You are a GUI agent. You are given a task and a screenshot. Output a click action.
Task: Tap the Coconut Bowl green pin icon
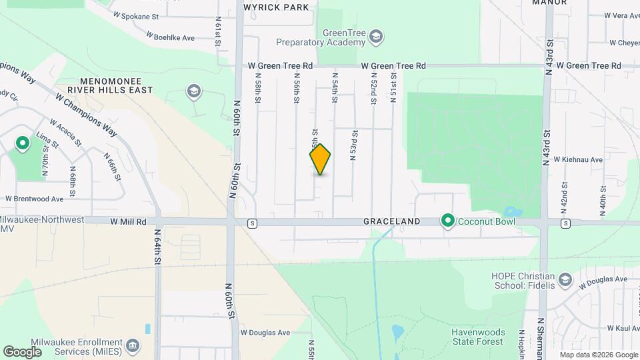[x=448, y=221]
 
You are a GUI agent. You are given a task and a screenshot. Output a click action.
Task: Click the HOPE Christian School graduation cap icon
[x=565, y=279]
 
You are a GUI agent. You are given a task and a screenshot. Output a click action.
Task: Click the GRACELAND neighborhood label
[x=391, y=221]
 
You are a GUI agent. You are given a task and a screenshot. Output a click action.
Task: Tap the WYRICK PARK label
[x=276, y=7]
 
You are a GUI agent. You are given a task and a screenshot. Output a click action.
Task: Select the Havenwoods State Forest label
[x=477, y=337]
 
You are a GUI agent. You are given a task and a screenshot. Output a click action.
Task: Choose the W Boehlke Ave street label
[x=170, y=38]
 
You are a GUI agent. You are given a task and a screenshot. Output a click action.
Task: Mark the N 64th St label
[x=158, y=249]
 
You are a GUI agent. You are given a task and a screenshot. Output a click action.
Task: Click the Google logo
[x=22, y=351]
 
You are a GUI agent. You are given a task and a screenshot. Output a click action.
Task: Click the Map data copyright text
[x=597, y=355]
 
